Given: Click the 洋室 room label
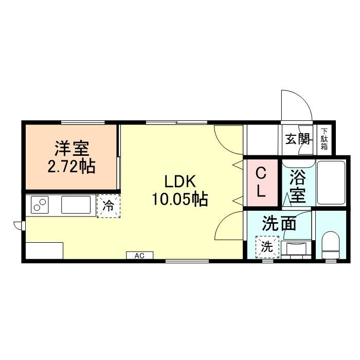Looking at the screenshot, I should point(72,149).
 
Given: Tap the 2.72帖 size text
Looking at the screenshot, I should point(72,168).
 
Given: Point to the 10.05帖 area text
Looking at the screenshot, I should point(179,199).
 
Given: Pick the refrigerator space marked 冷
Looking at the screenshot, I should point(109,206).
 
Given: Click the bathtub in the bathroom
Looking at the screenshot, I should point(331,183).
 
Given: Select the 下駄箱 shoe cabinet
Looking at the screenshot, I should point(325,139).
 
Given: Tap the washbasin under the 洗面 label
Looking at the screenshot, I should point(296,249).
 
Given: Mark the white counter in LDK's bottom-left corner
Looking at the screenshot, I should point(43,250).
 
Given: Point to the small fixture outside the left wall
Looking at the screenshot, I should point(19,225).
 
